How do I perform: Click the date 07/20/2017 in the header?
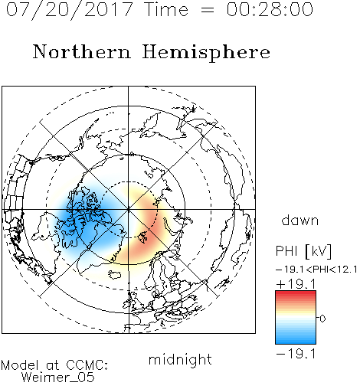tap(70, 10)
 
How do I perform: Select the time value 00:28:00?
tap(270, 9)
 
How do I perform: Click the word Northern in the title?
tap(82, 51)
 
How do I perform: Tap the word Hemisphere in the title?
tap(206, 52)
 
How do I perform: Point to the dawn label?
tap(300, 221)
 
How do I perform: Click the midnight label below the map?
tap(180, 360)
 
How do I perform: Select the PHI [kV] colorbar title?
tap(304, 251)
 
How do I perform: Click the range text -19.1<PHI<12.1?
tap(316, 270)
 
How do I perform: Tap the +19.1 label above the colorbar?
tap(296, 284)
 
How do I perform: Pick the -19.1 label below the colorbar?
tap(296, 354)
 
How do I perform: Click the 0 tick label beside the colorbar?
tap(322, 319)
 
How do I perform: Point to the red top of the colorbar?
tap(296, 293)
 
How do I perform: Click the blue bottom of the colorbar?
tap(296, 342)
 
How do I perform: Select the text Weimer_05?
tap(58, 378)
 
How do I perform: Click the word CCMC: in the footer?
tap(87, 365)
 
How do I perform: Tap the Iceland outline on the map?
tap(115, 275)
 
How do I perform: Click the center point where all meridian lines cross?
tap(129, 210)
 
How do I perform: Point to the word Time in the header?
tap(166, 9)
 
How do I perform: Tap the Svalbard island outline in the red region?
tap(142, 237)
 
